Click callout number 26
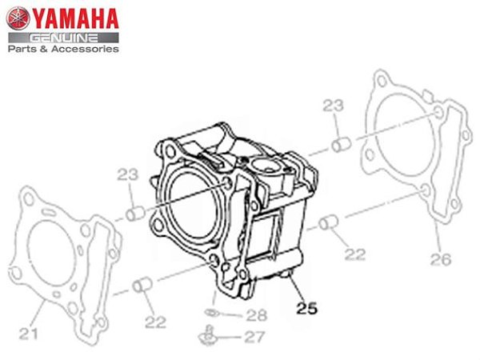tap(441, 259)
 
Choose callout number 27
tap(254, 338)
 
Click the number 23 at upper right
tap(334, 106)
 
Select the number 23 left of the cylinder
tap(128, 174)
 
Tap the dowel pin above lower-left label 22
tap(142, 284)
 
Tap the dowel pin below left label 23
tap(135, 214)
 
